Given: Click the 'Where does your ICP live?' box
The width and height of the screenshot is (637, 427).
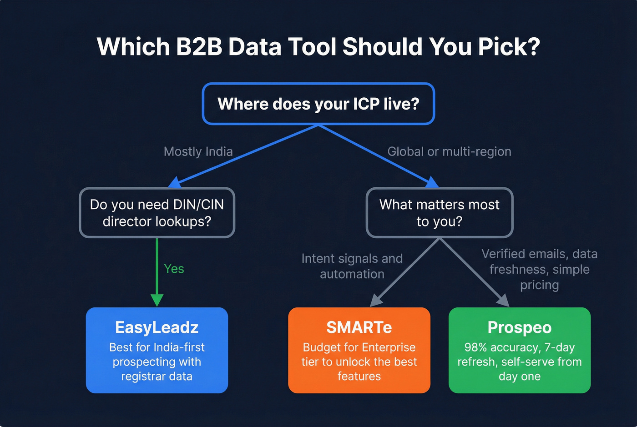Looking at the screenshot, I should (x=318, y=104).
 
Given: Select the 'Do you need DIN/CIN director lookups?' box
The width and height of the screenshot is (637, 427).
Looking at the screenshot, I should (x=157, y=213).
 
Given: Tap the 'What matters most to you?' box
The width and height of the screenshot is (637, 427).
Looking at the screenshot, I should (x=440, y=213).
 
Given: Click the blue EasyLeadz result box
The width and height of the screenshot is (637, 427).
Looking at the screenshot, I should (x=157, y=350).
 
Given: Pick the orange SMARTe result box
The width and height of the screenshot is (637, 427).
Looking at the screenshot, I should (x=359, y=350).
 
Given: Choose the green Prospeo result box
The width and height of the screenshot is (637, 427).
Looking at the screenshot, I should (x=520, y=350).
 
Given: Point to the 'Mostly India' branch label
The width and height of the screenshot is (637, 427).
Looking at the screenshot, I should (x=198, y=151).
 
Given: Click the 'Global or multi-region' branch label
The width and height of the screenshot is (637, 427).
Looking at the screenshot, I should (x=449, y=151).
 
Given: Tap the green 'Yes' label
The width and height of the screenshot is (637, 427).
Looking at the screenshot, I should (x=174, y=269).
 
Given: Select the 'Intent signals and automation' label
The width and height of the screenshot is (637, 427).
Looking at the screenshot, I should (x=352, y=266).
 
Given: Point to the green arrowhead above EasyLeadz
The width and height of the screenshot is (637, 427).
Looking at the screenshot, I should (x=157, y=300).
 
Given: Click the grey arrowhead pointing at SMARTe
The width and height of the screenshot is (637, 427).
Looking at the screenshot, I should (x=376, y=301).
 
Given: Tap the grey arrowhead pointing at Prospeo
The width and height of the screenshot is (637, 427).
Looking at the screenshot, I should (x=503, y=301).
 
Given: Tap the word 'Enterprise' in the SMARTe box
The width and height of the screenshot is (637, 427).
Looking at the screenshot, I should (x=389, y=347).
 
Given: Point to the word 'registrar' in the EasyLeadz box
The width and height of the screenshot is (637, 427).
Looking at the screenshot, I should (x=142, y=376).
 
